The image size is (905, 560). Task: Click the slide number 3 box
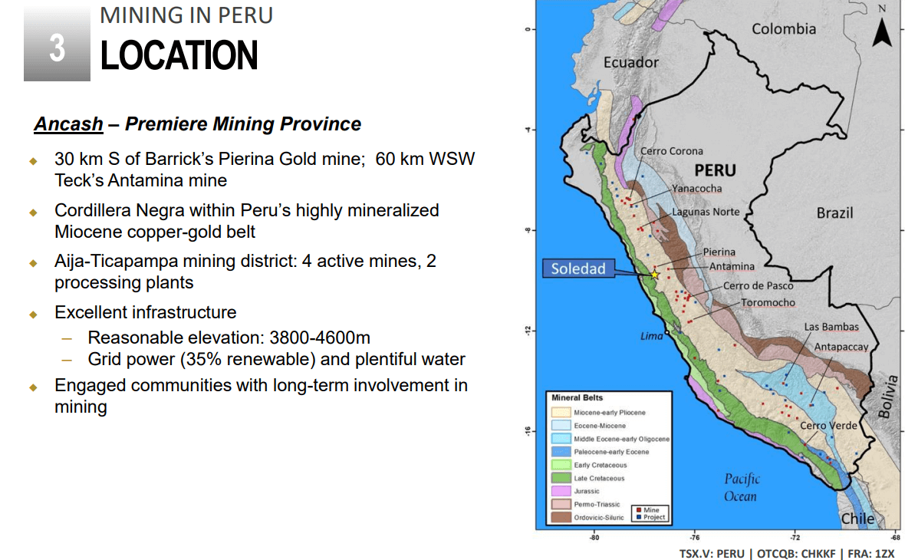tap(57, 48)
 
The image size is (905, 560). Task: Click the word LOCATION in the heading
tap(179, 56)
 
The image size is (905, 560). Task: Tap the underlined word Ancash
tap(68, 124)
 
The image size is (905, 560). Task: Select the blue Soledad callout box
tap(578, 268)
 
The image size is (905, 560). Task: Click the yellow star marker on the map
tap(654, 275)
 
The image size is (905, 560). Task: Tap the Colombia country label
tap(783, 29)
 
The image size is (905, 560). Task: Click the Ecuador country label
tap(630, 62)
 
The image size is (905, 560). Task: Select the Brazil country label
tap(834, 212)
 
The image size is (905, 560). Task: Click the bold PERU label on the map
tap(715, 170)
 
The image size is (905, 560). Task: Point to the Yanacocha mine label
tap(696, 189)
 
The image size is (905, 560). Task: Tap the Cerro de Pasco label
tap(758, 285)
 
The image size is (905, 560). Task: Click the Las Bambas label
tap(831, 327)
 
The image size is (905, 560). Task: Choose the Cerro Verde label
tap(828, 425)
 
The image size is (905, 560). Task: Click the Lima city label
tap(651, 336)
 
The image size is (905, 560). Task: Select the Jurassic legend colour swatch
tap(561, 491)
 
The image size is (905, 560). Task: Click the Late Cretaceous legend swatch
tap(561, 478)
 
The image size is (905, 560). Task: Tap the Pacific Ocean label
tap(741, 487)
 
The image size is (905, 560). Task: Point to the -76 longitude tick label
tap(694, 538)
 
